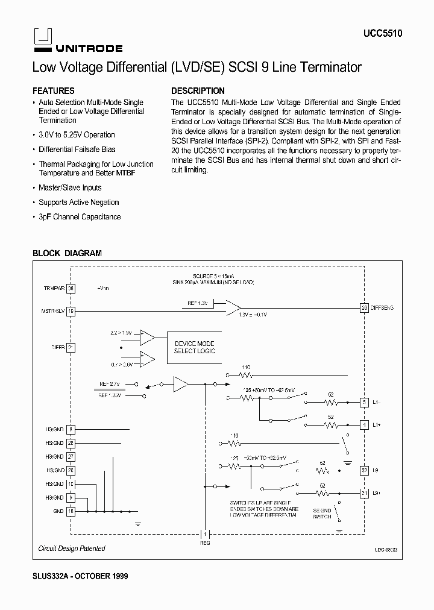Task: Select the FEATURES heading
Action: pos(54,91)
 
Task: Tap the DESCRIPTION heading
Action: pos(198,91)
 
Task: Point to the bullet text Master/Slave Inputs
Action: pos(70,188)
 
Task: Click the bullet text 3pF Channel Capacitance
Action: pos(80,217)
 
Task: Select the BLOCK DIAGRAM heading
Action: pos(67,254)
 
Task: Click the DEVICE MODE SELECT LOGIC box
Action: pos(194,347)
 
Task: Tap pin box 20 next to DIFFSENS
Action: pos(364,308)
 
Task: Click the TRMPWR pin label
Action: pos(53,289)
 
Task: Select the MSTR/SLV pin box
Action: pos(71,311)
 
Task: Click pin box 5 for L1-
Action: pos(364,402)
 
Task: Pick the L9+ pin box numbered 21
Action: pos(364,494)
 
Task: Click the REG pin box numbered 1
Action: pos(204,534)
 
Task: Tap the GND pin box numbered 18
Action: pos(71,511)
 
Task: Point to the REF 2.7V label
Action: pos(110,383)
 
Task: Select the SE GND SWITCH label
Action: pos(322,513)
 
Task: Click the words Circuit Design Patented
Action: pos(72,549)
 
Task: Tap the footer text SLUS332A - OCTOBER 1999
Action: pos(80,576)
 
